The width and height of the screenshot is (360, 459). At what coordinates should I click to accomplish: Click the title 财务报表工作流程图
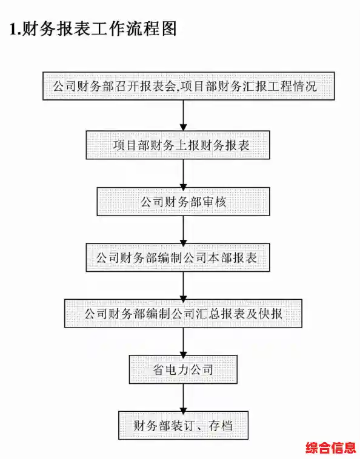point(100,30)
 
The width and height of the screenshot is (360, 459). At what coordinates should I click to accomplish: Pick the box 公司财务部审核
point(184,202)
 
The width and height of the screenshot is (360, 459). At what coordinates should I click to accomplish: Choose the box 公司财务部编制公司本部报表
point(184,257)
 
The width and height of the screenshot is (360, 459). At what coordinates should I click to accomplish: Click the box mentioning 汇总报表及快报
point(184,314)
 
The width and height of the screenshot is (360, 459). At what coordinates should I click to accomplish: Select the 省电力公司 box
point(183,369)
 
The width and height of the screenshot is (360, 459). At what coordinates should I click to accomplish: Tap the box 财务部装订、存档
point(184,426)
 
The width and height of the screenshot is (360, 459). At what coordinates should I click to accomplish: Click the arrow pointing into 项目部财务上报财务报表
point(184,116)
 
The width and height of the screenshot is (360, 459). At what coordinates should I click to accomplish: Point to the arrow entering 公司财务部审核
point(184,174)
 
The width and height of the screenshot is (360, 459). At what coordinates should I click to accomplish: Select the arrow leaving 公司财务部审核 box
point(184,230)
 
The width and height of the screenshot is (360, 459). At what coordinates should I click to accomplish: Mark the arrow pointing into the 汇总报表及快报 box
point(184,285)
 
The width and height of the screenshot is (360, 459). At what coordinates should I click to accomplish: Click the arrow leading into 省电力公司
point(184,342)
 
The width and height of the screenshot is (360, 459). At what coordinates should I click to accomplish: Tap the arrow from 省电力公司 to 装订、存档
point(184,398)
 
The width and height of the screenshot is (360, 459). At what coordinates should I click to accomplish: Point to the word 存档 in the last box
point(219,426)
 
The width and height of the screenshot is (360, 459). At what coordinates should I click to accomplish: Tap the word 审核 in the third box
point(215,202)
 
